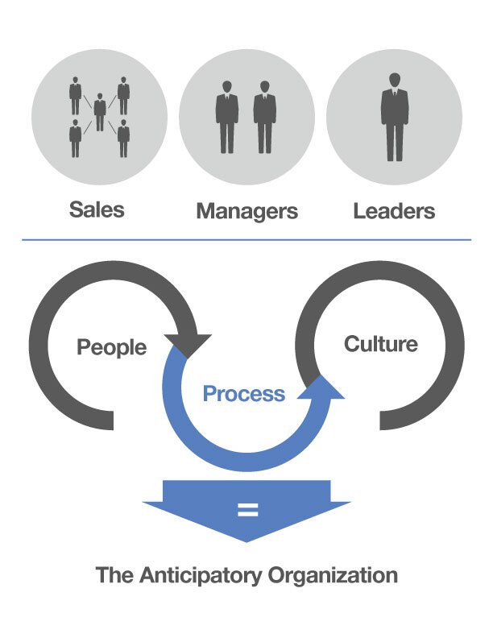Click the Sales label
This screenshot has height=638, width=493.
(97, 210)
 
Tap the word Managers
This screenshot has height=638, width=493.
(246, 212)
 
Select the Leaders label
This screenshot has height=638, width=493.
(394, 211)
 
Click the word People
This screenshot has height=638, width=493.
(112, 348)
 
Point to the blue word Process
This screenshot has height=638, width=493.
(244, 394)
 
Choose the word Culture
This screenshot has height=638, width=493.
(381, 344)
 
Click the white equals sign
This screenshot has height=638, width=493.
(246, 510)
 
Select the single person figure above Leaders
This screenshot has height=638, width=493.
(394, 116)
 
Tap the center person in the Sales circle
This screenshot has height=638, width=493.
(99, 113)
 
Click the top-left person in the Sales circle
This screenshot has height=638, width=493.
(76, 95)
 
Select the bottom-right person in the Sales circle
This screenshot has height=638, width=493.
(123, 139)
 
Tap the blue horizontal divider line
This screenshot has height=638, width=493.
(246, 239)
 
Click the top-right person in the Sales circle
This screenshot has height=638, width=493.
(123, 95)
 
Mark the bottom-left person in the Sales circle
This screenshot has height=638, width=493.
(76, 139)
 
